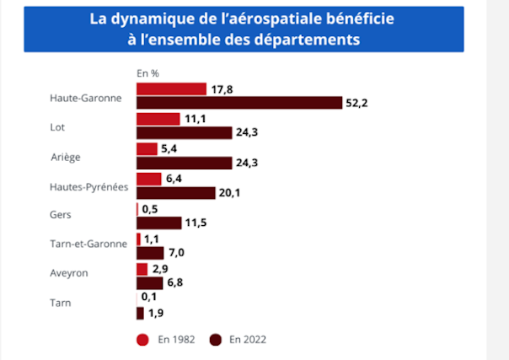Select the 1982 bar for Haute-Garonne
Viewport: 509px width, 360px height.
(171, 89)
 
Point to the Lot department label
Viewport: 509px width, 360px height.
(58, 127)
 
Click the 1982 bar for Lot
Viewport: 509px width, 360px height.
(158, 120)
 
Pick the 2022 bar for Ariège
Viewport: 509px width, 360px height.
(184, 163)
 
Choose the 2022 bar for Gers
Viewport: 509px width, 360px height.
(158, 223)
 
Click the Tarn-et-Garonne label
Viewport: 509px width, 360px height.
(88, 244)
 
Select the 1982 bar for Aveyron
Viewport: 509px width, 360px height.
(142, 269)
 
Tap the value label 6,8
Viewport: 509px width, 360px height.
(177, 282)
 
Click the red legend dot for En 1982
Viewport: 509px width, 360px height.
(142, 340)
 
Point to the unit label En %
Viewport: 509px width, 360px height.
(148, 73)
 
